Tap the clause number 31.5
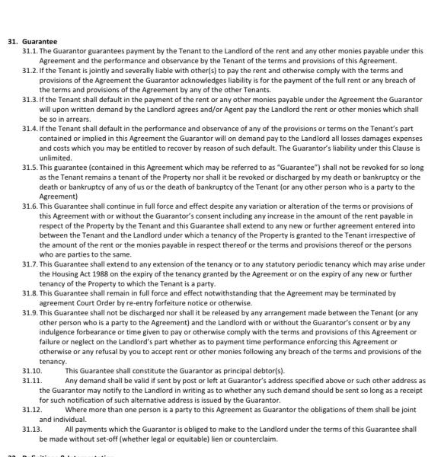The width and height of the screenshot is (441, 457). pyautogui.click(x=30, y=165)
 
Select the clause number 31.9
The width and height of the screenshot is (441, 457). pyautogui.click(x=30, y=313)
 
